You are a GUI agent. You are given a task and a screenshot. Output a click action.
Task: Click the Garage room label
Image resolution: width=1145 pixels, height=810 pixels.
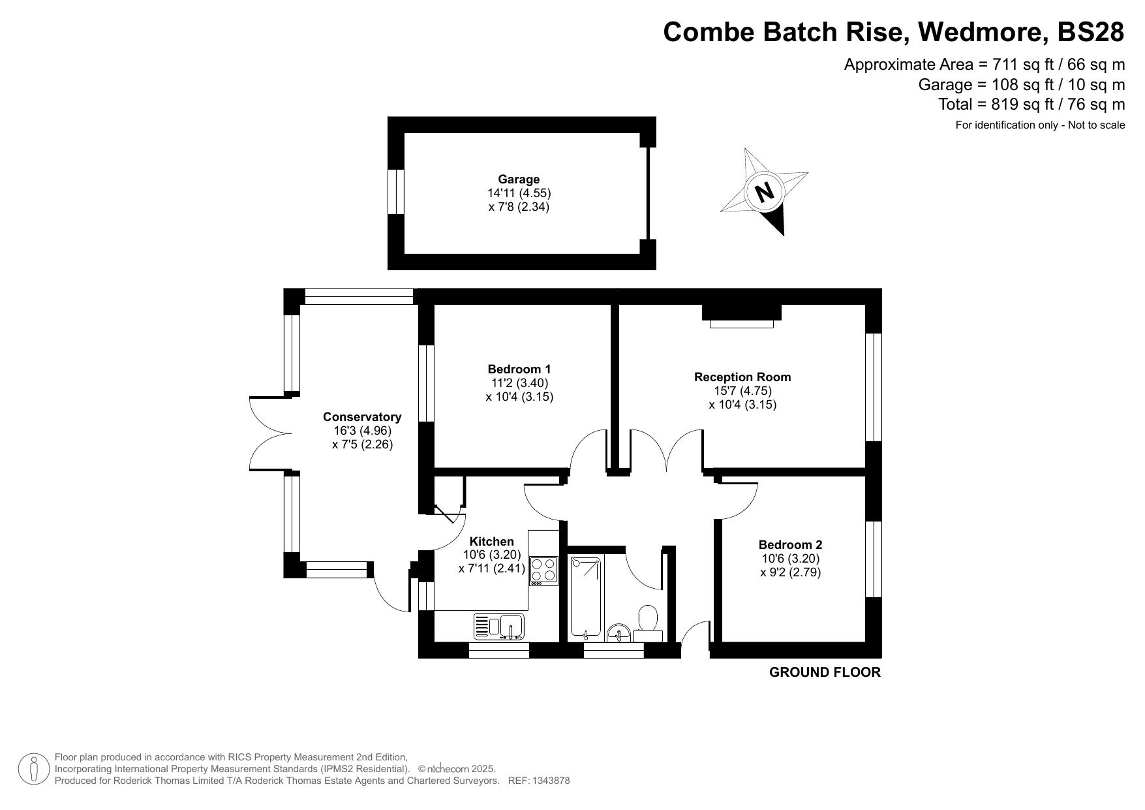click(x=519, y=179)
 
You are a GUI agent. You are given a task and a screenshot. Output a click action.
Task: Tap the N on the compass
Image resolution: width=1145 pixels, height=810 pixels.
click(x=764, y=192)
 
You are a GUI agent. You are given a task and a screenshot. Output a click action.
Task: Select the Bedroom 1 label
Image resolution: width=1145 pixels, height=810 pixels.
click(x=519, y=369)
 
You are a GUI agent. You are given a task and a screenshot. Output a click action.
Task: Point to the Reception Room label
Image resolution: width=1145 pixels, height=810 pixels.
click(x=742, y=377)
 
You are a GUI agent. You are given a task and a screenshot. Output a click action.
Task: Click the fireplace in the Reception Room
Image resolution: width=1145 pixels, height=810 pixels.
click(x=741, y=315)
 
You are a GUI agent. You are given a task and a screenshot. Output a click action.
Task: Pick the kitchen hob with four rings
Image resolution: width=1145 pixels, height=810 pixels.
click(x=543, y=570)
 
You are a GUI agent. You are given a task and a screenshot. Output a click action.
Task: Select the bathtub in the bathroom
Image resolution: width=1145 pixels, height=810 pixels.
click(x=586, y=597)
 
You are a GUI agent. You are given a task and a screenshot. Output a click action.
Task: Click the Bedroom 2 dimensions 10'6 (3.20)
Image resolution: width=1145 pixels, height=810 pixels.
click(x=790, y=559)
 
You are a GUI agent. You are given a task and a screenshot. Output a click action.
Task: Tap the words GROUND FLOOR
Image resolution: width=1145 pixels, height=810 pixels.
click(x=825, y=672)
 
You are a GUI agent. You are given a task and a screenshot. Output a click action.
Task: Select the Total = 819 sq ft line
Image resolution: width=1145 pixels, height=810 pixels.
click(x=1031, y=104)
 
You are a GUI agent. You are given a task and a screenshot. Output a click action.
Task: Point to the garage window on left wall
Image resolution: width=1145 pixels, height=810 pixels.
click(x=396, y=192)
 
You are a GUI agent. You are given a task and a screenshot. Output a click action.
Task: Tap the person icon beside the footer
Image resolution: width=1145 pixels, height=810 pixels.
click(x=34, y=769)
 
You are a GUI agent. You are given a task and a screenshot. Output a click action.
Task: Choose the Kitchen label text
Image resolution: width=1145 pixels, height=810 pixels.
click(x=492, y=541)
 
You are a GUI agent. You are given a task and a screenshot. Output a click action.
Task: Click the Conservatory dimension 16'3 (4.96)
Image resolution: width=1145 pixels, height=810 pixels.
click(x=362, y=431)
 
